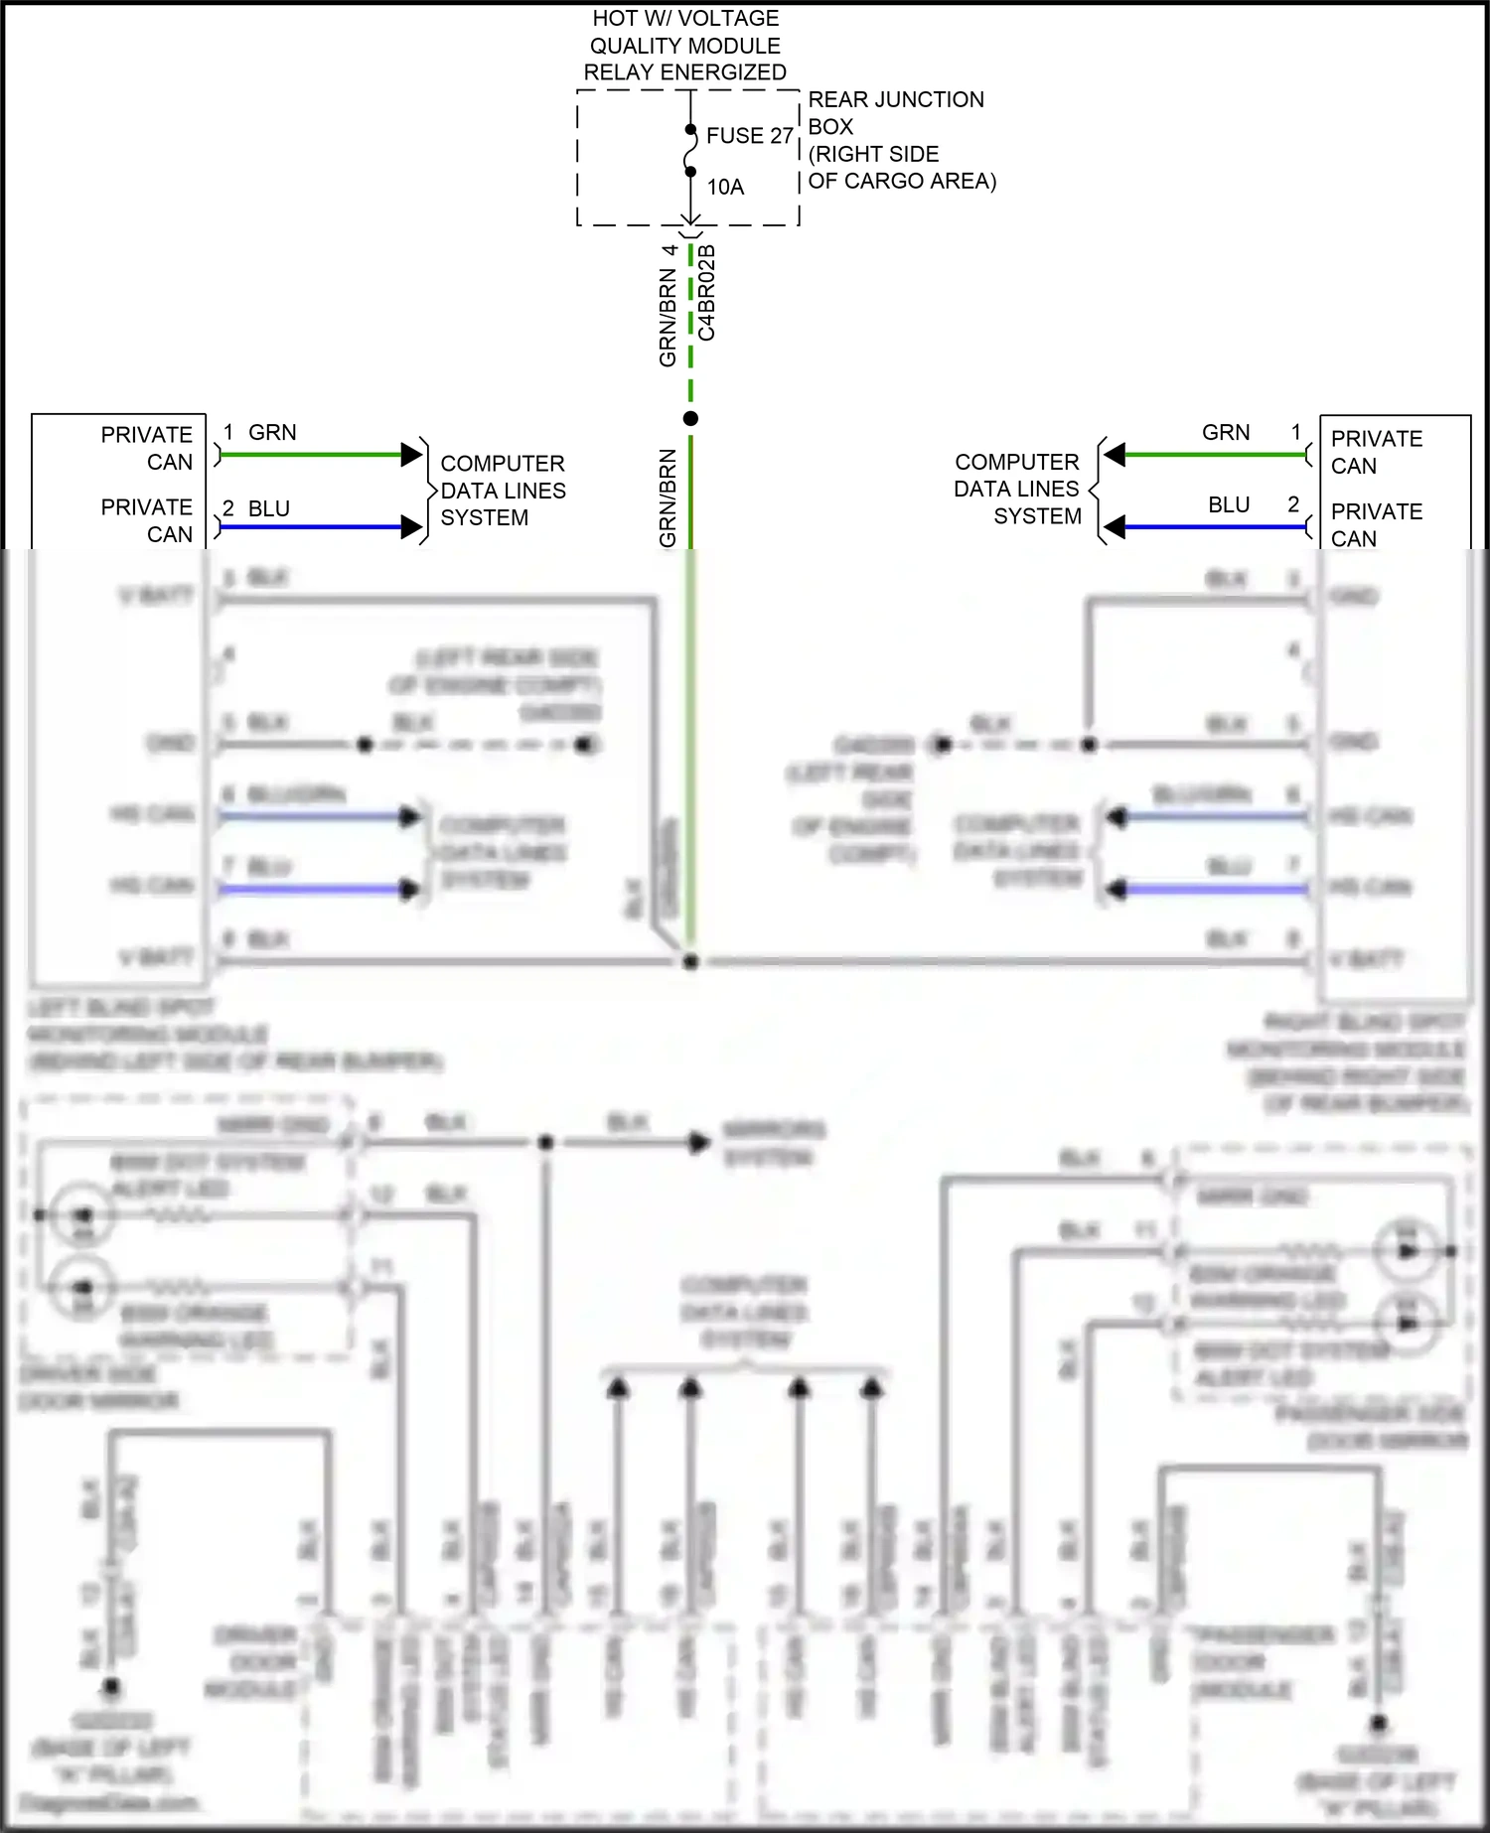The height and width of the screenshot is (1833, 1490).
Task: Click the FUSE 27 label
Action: (749, 136)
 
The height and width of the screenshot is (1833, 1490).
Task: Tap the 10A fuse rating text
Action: (725, 187)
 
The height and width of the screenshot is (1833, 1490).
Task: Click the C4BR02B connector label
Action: (706, 293)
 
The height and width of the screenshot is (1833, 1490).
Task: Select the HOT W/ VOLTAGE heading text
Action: (685, 19)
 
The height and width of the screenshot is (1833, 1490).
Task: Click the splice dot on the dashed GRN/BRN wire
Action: (690, 418)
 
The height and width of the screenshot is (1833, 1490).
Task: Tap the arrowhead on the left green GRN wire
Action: (411, 455)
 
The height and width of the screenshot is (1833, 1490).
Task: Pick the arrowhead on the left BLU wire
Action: (411, 527)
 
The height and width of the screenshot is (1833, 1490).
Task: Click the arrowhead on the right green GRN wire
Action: (1115, 455)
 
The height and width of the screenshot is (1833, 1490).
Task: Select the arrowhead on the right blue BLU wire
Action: (1115, 527)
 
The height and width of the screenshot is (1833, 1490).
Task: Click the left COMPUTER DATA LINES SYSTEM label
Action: (503, 491)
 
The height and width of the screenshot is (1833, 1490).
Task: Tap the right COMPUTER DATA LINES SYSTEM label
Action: (1017, 489)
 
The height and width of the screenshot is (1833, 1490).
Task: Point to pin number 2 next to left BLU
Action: (228, 508)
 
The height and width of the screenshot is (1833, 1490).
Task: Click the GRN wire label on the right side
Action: (1226, 433)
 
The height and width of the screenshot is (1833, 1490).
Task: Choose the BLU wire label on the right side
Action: (1229, 505)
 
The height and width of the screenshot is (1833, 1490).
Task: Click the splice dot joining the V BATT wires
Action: (690, 961)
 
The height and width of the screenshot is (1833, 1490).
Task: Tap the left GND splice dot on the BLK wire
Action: (365, 744)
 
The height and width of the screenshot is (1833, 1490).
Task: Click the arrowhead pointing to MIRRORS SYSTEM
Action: (700, 1142)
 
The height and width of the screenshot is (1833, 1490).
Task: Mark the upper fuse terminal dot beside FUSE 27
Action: (690, 130)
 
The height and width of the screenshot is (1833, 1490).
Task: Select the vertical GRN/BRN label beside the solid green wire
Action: (668, 496)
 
